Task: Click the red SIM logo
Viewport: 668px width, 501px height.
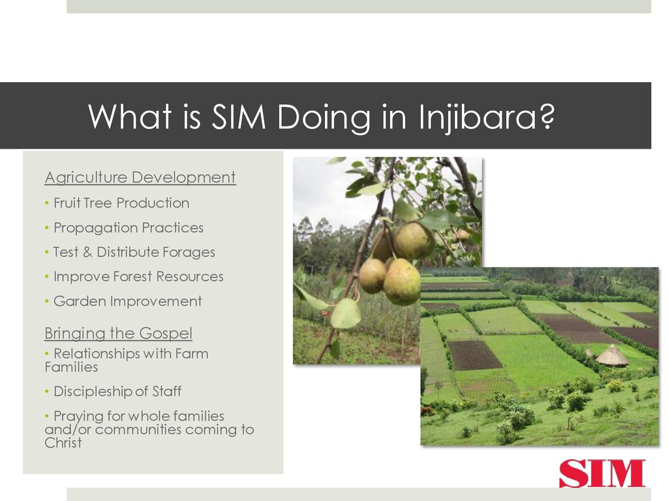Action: click(602, 473)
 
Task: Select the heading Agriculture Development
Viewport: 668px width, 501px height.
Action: click(140, 177)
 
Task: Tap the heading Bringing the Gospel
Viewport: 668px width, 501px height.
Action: click(119, 333)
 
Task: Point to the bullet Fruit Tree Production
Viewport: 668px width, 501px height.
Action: click(121, 203)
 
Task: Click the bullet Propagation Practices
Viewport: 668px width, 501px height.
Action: click(129, 228)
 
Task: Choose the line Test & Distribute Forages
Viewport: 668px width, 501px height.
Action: click(134, 252)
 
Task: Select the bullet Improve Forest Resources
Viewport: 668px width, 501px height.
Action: click(138, 277)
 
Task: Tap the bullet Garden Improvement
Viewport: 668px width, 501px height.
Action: click(127, 301)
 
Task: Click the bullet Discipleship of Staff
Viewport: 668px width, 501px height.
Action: click(117, 391)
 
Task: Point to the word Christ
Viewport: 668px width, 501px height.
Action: click(63, 443)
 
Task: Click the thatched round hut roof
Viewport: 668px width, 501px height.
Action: click(612, 355)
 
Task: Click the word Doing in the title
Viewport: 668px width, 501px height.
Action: click(324, 117)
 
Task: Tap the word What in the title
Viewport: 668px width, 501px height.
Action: click(130, 116)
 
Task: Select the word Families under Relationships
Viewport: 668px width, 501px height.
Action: click(71, 367)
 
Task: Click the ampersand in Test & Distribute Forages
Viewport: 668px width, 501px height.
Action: click(87, 252)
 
